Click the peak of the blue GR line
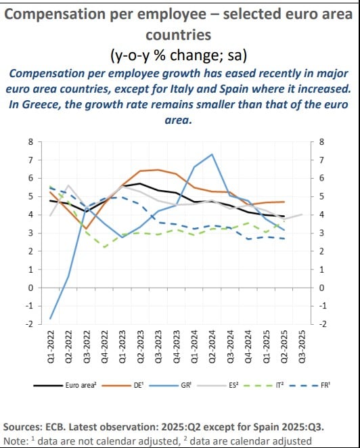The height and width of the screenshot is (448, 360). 212,154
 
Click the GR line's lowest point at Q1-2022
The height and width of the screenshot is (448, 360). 50,319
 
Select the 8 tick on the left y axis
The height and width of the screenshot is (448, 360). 30,142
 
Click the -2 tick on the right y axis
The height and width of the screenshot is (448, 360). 321,324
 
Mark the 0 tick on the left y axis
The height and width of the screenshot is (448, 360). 30,288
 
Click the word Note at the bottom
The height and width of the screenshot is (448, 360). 16,441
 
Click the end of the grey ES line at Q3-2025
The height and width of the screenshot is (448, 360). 302,215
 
